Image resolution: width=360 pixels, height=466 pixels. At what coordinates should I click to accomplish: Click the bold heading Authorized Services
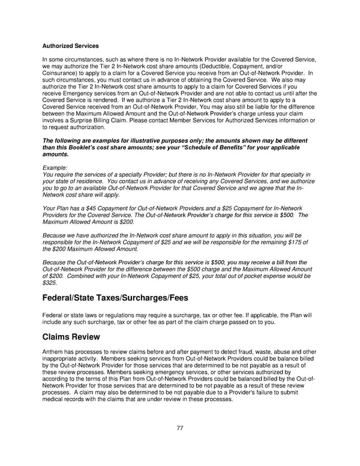coord(70,46)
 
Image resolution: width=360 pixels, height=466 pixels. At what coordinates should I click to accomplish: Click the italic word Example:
coord(55,168)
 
